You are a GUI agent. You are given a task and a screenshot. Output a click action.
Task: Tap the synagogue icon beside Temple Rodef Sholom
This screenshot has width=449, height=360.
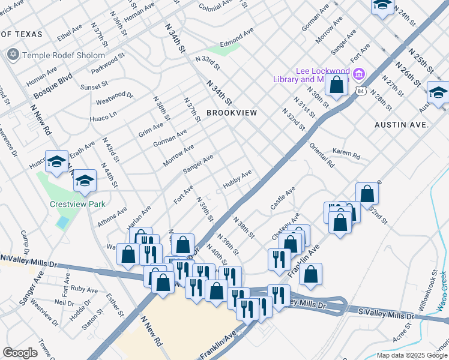(13, 55)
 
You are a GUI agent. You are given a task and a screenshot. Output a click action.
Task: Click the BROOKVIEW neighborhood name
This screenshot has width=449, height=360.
(232, 113)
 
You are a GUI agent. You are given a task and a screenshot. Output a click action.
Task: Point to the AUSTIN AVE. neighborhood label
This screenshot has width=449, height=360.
(402, 125)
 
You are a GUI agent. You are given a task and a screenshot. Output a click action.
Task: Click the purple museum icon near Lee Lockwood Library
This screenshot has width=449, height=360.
(359, 74)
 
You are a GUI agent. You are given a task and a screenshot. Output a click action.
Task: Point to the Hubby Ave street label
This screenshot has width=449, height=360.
(237, 179)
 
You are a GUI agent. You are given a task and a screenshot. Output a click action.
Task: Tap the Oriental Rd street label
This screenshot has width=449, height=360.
(322, 155)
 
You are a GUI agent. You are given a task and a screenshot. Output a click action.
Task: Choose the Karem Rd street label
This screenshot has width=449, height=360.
(346, 155)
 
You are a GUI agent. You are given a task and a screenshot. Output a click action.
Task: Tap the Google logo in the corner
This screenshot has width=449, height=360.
(20, 353)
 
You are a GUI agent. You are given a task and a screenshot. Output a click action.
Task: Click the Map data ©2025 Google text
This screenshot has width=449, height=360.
(411, 355)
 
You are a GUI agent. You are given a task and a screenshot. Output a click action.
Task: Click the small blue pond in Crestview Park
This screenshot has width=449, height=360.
(62, 222)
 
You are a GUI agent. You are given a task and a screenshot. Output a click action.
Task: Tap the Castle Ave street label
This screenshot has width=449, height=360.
(283, 197)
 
